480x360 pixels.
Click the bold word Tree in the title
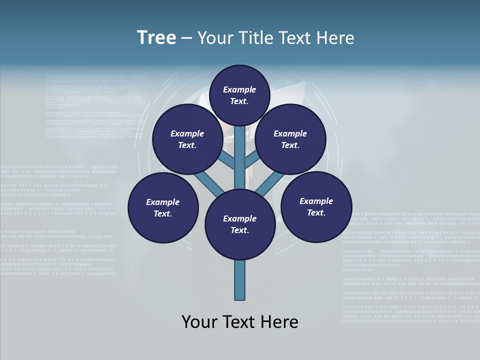coord(156,37)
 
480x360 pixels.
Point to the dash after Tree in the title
coord(186,38)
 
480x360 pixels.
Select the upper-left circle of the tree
coord(187,139)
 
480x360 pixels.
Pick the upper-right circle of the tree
coord(290,139)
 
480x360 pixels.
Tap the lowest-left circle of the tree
coord(163,207)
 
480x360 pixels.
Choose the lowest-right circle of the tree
coord(316,206)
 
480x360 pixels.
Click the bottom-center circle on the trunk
coord(240,224)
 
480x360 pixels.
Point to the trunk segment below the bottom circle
coord(240,280)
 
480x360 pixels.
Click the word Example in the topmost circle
coord(239,89)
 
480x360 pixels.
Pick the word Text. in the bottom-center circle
coord(239,230)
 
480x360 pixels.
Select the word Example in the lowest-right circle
coord(316,201)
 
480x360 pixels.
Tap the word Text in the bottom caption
coord(240,322)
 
